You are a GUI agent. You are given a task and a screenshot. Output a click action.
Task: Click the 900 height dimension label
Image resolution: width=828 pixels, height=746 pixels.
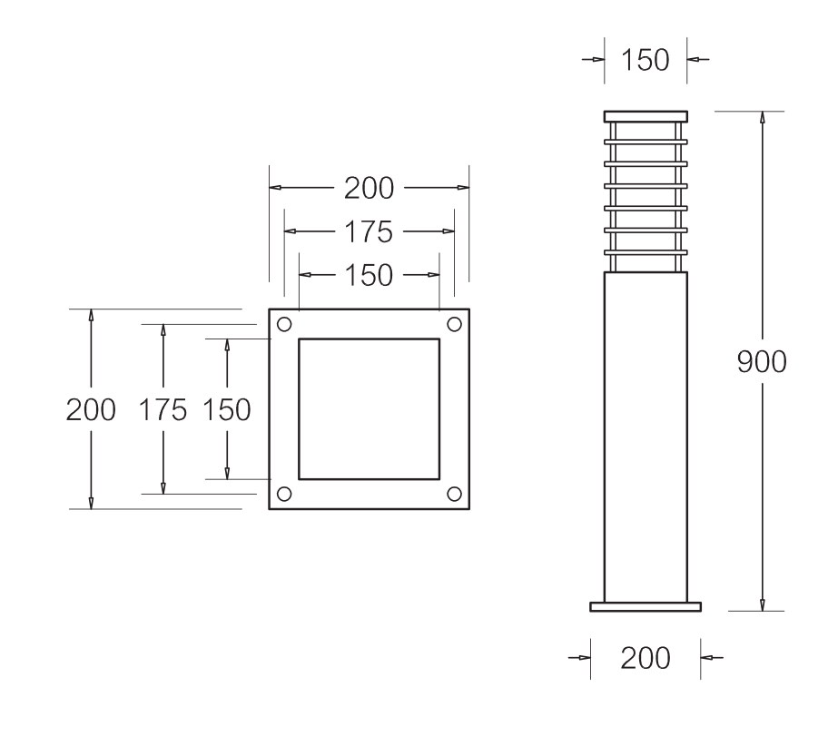click(x=761, y=362)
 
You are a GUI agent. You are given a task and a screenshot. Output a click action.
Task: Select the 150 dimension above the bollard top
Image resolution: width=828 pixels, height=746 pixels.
click(x=645, y=61)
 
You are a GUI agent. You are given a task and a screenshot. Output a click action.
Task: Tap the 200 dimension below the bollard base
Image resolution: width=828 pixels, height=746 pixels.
click(x=645, y=658)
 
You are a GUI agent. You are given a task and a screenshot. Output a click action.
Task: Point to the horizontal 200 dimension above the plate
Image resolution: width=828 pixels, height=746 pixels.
click(x=369, y=189)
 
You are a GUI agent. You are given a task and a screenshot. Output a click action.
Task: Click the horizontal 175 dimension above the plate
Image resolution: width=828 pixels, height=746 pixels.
click(x=369, y=232)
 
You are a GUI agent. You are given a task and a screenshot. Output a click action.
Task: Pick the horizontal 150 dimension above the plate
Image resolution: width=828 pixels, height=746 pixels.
click(x=369, y=275)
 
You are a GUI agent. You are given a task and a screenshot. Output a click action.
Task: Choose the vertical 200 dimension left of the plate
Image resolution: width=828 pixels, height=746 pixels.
click(x=91, y=409)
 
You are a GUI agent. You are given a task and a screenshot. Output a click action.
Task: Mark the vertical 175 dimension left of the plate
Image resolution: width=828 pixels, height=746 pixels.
click(x=163, y=409)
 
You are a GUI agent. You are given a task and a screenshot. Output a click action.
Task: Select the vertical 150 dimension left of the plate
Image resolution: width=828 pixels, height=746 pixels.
click(x=226, y=409)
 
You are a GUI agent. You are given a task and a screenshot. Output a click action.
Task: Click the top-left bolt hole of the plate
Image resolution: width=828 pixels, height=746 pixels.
click(x=284, y=324)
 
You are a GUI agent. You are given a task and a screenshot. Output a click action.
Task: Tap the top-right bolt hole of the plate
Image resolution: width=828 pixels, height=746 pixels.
click(x=454, y=324)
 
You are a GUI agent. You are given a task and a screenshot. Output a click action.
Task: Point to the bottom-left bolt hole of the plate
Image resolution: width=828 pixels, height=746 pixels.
click(x=284, y=494)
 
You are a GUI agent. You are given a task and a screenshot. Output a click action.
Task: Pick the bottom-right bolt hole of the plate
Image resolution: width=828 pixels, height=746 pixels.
click(x=454, y=494)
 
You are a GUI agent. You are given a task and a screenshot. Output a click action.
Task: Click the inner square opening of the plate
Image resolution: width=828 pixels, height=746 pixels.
click(x=369, y=408)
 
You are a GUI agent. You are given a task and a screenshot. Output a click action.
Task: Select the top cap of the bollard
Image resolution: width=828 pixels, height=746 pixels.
click(x=646, y=115)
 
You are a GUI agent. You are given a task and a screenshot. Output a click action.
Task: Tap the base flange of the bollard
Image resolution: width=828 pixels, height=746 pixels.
click(x=646, y=606)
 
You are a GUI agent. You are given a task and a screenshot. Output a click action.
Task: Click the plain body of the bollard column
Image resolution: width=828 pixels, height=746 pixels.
click(x=646, y=436)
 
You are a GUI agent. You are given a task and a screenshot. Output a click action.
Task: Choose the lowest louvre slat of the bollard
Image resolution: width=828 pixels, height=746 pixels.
click(x=646, y=250)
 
